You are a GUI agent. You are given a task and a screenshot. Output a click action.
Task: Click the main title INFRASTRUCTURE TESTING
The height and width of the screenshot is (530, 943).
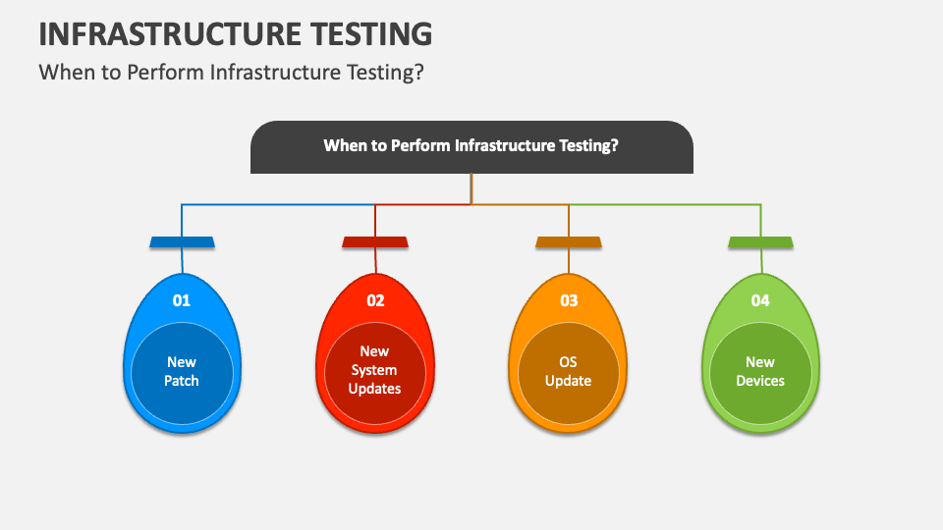point(235,33)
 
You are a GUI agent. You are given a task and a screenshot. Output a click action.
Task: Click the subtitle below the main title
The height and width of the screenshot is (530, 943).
point(232,72)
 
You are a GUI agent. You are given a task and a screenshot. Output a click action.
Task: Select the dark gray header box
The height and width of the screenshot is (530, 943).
point(471,147)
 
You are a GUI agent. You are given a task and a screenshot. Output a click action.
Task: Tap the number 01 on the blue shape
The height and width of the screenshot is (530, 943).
point(182,300)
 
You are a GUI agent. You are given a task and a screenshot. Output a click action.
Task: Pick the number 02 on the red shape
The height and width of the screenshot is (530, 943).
point(375,300)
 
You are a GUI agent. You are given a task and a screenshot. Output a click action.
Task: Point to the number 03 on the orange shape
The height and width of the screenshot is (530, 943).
point(569,300)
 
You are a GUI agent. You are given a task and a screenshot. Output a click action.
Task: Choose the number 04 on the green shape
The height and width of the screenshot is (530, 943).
point(760,300)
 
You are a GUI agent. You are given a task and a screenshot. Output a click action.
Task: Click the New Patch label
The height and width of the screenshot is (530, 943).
point(182,371)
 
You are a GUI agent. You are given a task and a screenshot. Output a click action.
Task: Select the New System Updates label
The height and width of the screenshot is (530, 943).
point(374,370)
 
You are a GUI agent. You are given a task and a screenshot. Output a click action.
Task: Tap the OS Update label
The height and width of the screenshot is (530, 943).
point(569,371)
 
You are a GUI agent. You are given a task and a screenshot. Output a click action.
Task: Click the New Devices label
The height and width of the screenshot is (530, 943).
point(760,371)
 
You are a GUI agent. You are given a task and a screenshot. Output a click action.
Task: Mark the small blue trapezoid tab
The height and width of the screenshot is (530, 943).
point(183,242)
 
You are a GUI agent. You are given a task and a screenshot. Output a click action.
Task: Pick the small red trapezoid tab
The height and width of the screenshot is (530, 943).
point(375,242)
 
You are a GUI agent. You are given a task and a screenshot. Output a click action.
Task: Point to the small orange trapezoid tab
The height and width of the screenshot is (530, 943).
point(569,242)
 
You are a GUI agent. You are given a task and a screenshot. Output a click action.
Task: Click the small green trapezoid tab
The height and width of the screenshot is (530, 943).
point(760,242)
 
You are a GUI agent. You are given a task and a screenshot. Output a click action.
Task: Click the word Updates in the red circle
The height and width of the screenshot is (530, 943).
point(374,389)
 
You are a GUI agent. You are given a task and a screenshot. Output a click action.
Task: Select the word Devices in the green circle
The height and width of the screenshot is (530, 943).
point(760,381)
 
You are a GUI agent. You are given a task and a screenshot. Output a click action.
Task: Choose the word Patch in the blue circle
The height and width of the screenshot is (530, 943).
point(182,381)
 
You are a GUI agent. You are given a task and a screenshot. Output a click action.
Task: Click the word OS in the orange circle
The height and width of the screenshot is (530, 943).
point(569,362)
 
